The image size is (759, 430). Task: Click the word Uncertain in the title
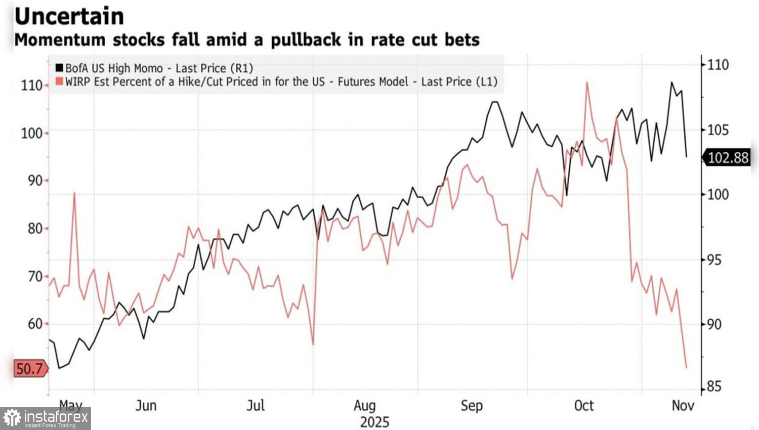coord(69,16)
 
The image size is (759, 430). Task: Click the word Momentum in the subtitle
coord(60,39)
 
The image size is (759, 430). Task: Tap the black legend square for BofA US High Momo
coord(59,68)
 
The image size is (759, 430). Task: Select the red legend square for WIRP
coord(59,81)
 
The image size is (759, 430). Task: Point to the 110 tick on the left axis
coord(31,85)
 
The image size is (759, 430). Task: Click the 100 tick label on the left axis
coord(31,134)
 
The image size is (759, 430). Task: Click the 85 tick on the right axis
coord(714,388)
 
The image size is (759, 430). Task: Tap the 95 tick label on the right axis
coord(714,260)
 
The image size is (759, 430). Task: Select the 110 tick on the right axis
coord(718,65)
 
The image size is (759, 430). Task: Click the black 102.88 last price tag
coord(727,158)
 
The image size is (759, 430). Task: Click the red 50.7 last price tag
coord(29,369)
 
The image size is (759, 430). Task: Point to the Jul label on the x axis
coord(256,406)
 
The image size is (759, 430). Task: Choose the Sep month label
coord(472,406)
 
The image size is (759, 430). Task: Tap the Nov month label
coord(683,406)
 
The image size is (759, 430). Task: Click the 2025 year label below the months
coord(374,421)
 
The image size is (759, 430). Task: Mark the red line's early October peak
coord(587,82)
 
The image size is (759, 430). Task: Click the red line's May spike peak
coord(74,193)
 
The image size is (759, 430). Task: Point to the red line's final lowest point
coord(686,367)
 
